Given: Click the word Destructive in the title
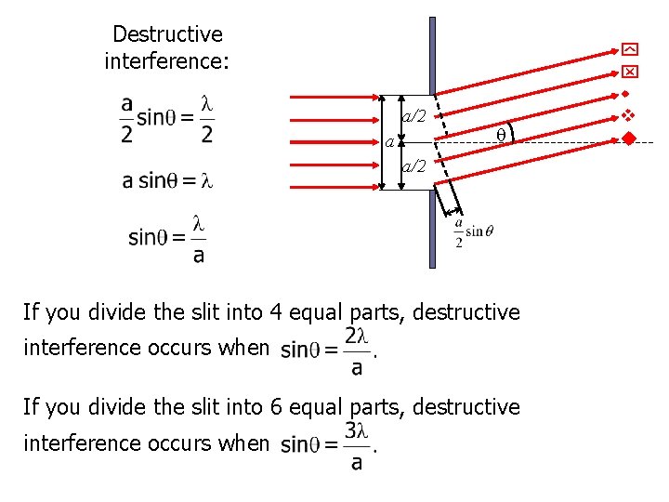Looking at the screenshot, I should tap(167, 34).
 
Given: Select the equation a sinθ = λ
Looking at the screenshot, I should tap(167, 180).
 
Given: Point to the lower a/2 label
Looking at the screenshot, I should tap(413, 166).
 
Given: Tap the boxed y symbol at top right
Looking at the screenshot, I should tap(629, 49).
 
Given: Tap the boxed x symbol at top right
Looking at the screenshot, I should tap(629, 72).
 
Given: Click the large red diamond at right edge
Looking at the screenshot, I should tap(629, 139).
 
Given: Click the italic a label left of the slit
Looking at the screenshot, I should tap(388, 143).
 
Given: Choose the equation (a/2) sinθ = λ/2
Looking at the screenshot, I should tap(167, 119).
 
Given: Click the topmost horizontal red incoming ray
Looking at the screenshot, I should tap(334, 97).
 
